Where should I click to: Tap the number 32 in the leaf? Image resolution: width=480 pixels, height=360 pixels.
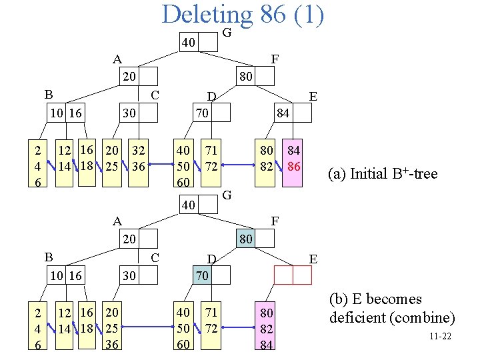pyautogui.click(x=138, y=151)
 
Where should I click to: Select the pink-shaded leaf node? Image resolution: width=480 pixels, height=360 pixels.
pyautogui.click(x=293, y=159)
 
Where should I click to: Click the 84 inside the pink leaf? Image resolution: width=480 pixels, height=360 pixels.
pyautogui.click(x=293, y=151)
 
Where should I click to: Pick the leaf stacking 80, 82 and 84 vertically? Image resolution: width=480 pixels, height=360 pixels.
pyautogui.click(x=266, y=327)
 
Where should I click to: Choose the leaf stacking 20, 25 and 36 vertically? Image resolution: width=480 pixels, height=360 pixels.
pyautogui.click(x=113, y=327)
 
